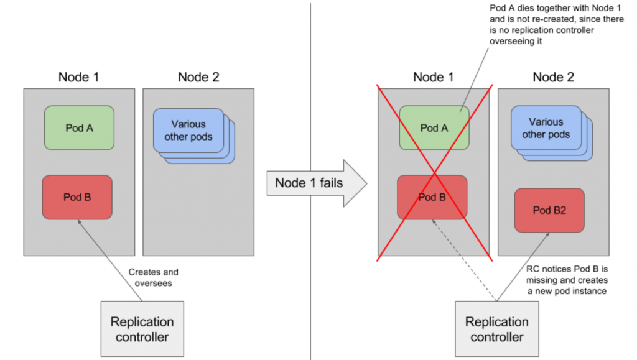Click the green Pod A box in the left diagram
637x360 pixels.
pyautogui.click(x=79, y=128)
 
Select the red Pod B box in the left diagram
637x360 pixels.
pyautogui.click(x=77, y=197)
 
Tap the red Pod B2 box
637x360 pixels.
pyautogui.click(x=549, y=210)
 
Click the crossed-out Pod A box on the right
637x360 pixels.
pyautogui.click(x=434, y=128)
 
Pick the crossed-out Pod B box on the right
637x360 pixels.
pyautogui.click(x=432, y=197)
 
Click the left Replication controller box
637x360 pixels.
pyautogui.click(x=142, y=329)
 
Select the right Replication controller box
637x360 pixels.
pyautogui.click(x=496, y=329)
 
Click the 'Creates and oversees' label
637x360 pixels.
pyautogui.click(x=153, y=277)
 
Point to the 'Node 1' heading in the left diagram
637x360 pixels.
pyautogui.click(x=78, y=77)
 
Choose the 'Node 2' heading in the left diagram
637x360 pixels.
pyautogui.click(x=198, y=77)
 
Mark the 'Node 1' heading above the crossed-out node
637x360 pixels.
pyautogui.click(x=434, y=77)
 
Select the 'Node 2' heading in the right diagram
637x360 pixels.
pyautogui.click(x=554, y=77)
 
